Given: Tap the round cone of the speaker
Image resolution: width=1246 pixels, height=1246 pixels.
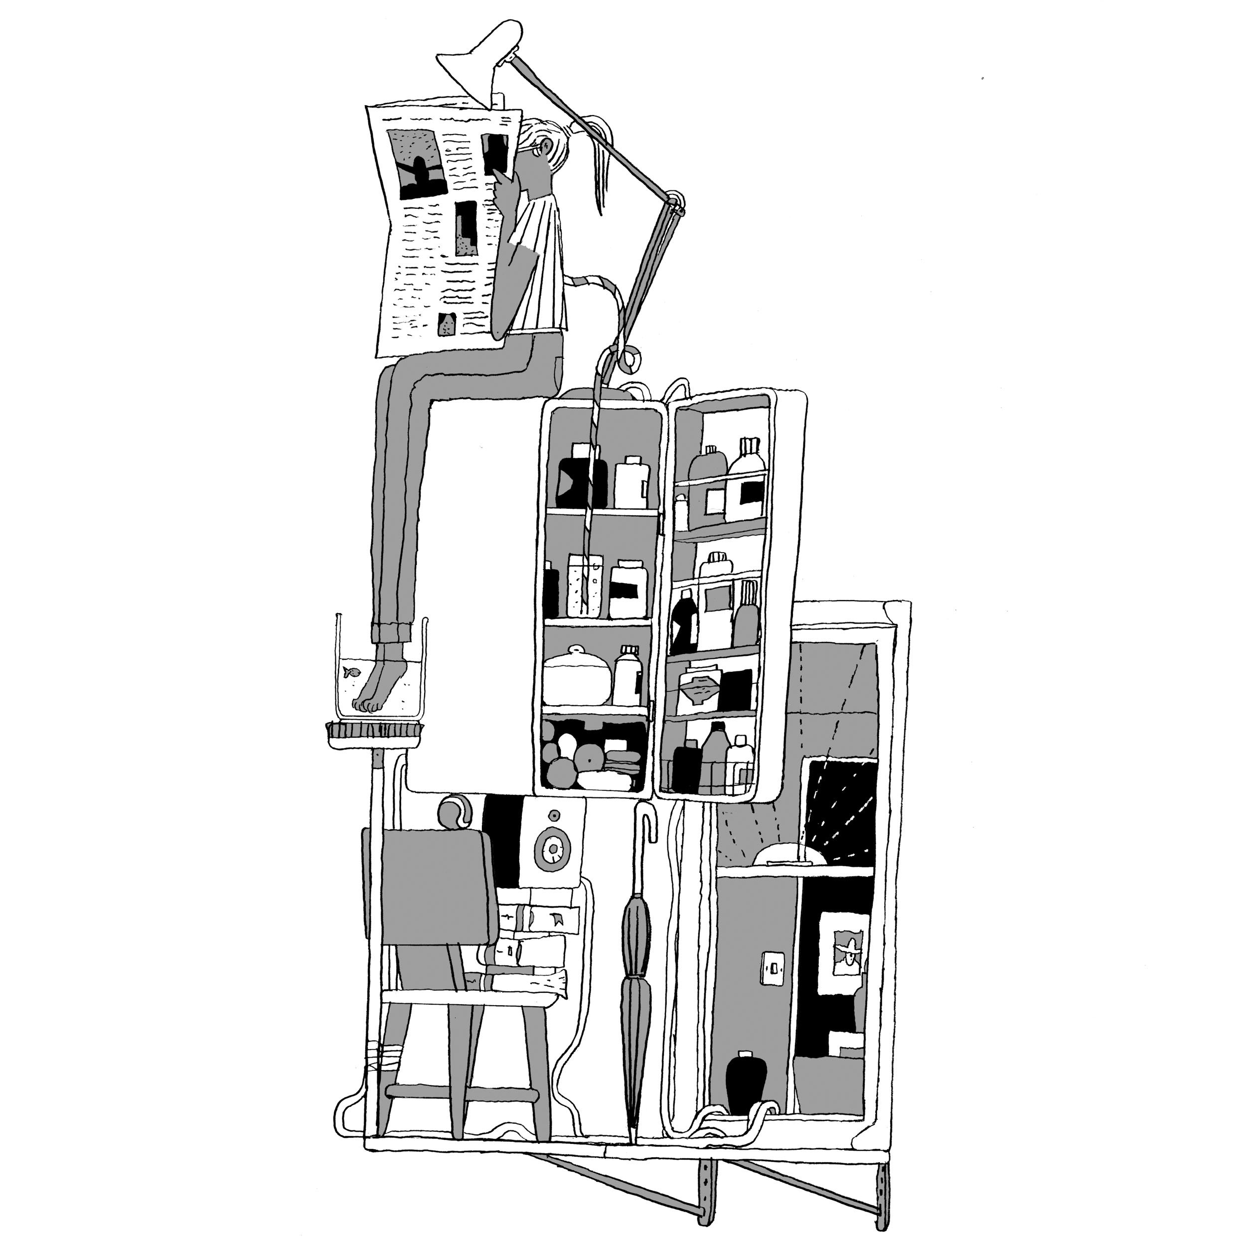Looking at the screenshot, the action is [553, 850].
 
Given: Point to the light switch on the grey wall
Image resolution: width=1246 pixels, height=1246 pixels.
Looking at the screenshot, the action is [772, 967].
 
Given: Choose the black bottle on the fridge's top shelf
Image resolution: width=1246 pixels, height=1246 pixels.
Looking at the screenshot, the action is [581, 478].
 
